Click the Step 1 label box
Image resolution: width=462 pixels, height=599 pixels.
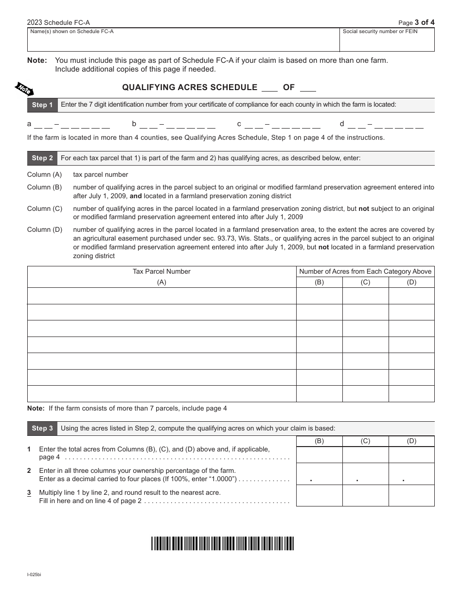42,105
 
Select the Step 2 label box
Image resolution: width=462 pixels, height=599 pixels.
42,158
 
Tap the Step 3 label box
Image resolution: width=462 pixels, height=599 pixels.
42,429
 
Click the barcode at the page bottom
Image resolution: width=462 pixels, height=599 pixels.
222,543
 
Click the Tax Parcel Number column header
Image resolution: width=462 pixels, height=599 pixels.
161,272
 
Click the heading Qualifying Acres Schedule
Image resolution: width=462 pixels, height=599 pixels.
189,88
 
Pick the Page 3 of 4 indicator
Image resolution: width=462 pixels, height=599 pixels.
416,22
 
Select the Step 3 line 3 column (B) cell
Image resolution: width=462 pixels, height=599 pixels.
319,496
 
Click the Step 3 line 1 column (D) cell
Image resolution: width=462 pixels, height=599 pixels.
411,455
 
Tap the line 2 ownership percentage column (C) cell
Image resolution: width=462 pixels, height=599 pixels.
365,474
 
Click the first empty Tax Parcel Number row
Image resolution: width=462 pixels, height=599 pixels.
161,296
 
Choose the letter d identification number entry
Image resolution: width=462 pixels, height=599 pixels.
382,125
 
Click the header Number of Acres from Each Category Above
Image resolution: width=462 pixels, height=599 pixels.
365,272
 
